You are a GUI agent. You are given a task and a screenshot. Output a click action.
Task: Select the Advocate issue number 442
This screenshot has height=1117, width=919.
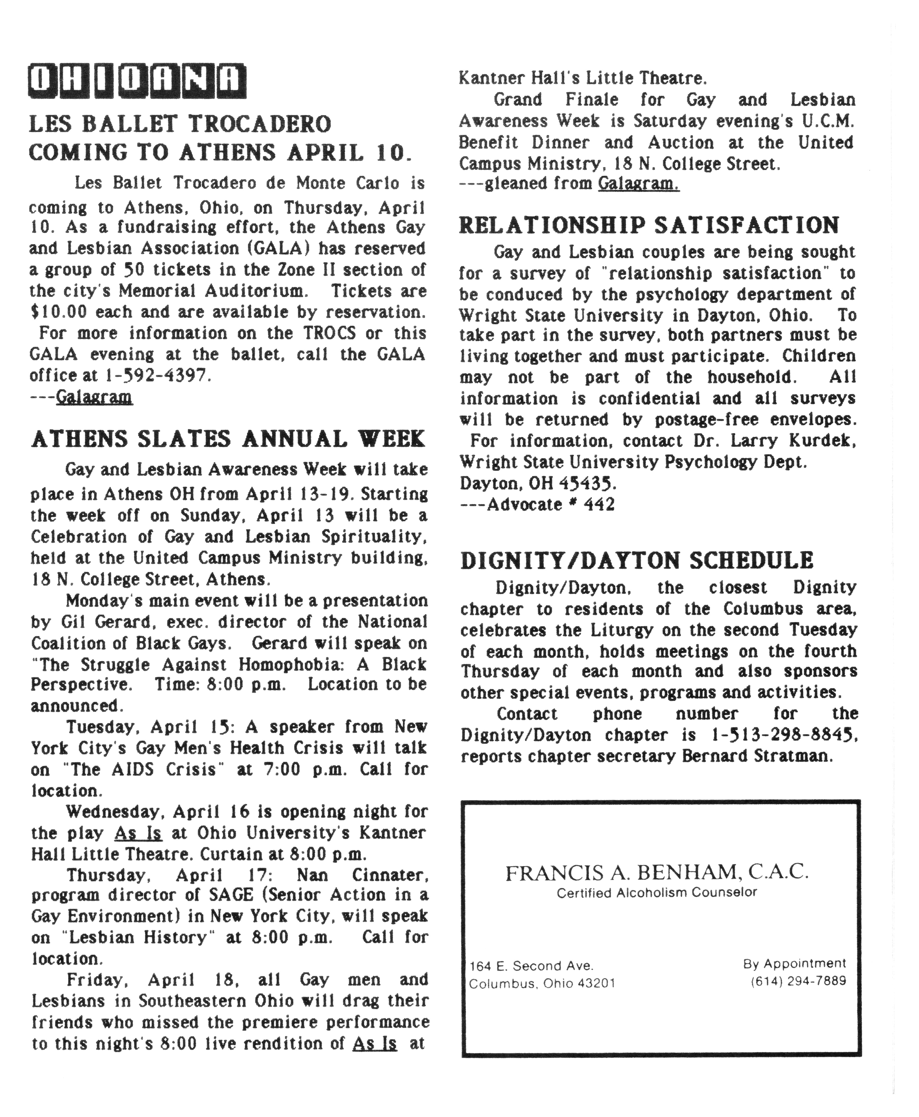click(599, 504)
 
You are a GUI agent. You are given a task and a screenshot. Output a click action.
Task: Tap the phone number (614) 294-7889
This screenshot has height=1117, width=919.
click(798, 981)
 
